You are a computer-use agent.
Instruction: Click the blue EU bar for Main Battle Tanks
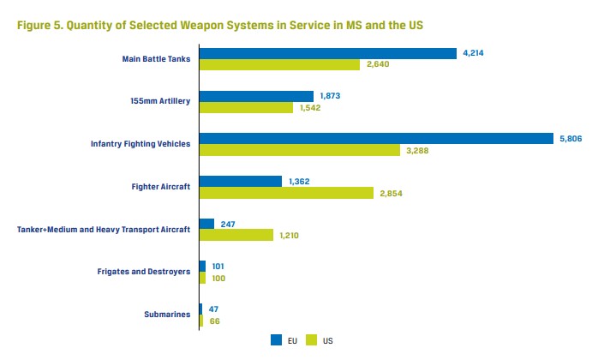click(328, 54)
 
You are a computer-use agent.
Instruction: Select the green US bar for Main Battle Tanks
click(279, 65)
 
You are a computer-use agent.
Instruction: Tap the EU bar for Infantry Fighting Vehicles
click(376, 138)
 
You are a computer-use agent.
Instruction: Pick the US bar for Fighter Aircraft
click(287, 193)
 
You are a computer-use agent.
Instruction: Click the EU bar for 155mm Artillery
click(256, 96)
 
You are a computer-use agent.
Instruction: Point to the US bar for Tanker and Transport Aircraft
click(236, 235)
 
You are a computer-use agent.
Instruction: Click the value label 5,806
click(571, 139)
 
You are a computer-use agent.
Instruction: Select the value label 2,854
click(391, 194)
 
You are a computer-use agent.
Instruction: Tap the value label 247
click(228, 225)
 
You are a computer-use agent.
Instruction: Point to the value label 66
click(214, 321)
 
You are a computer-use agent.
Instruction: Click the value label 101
click(218, 267)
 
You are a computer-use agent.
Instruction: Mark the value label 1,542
click(310, 108)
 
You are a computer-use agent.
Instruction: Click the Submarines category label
click(167, 314)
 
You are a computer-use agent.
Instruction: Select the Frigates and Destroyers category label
click(144, 272)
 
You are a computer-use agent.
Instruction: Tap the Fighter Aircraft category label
click(161, 187)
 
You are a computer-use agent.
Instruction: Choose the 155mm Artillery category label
click(160, 101)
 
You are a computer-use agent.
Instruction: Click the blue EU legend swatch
click(276, 340)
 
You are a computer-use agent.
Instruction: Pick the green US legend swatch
click(311, 340)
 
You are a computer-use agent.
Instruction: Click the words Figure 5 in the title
click(40, 26)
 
